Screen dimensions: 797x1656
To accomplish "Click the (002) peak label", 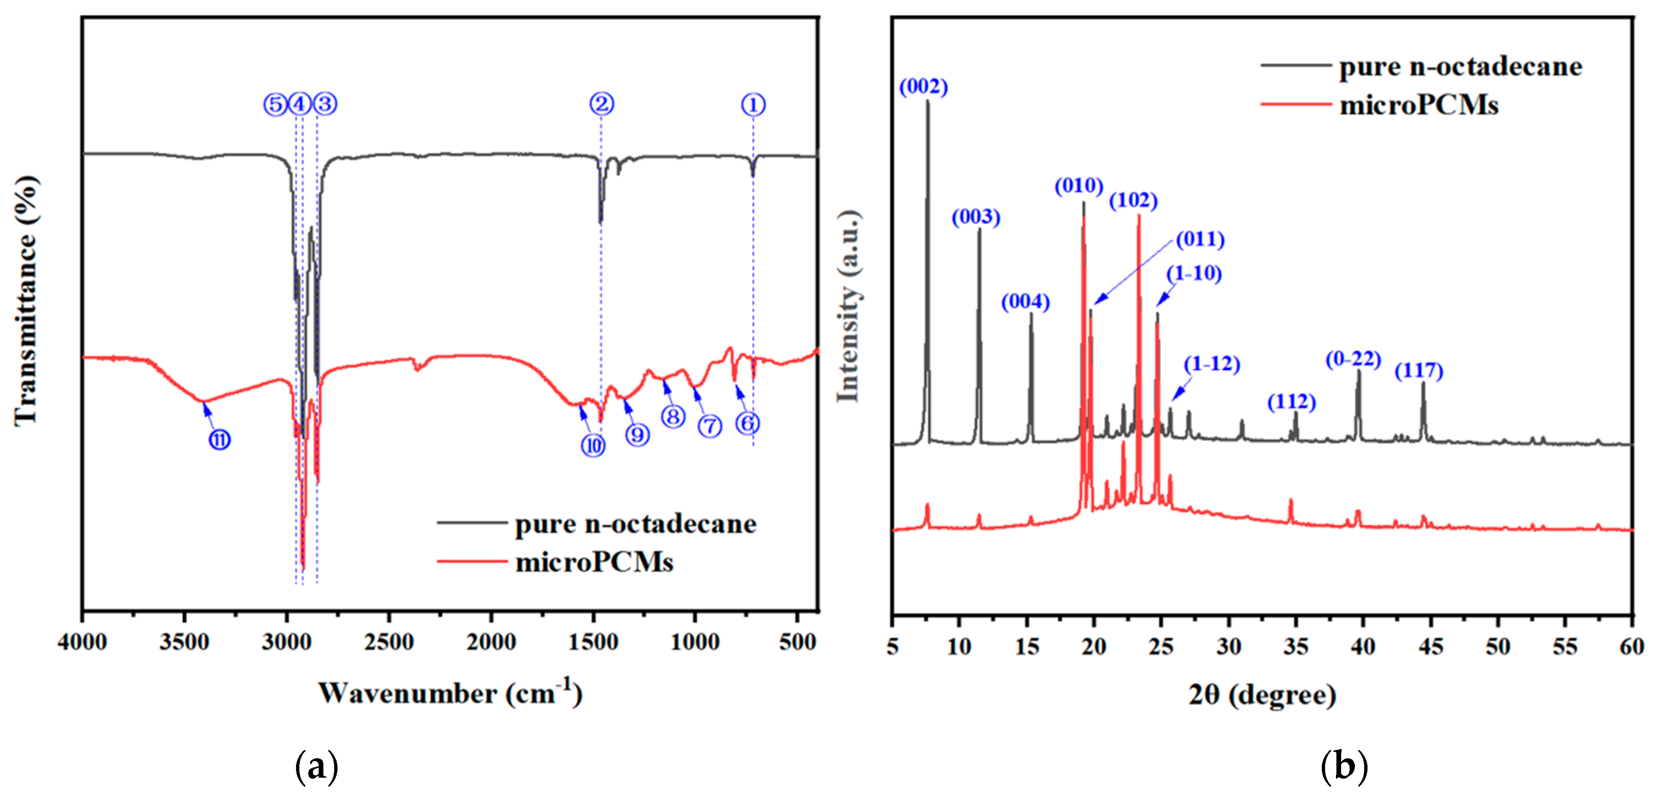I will click(923, 87).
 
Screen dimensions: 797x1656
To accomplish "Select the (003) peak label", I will click(976, 217).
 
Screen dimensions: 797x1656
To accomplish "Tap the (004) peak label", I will click(1025, 302).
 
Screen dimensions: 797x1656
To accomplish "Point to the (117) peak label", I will click(1419, 371).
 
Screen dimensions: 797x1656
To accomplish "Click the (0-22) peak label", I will click(1353, 359).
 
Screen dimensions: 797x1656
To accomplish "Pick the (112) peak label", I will click(1292, 403).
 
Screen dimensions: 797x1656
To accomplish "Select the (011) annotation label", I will click(1200, 240).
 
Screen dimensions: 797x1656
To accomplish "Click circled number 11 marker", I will click(219, 440).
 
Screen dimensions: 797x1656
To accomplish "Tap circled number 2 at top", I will click(601, 104).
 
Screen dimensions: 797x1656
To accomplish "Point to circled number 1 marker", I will click(753, 104).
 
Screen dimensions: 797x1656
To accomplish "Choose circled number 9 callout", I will click(637, 435).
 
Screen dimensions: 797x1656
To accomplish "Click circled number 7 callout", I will click(710, 426).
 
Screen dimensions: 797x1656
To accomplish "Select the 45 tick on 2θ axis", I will click(1430, 646).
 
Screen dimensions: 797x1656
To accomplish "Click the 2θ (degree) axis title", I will click(1262, 695).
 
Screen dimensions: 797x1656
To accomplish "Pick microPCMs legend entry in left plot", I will click(594, 562).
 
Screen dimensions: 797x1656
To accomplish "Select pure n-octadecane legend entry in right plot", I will click(1460, 67).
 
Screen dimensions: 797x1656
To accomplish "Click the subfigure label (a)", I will click(316, 766).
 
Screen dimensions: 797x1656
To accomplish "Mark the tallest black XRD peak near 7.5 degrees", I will click(928, 103).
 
